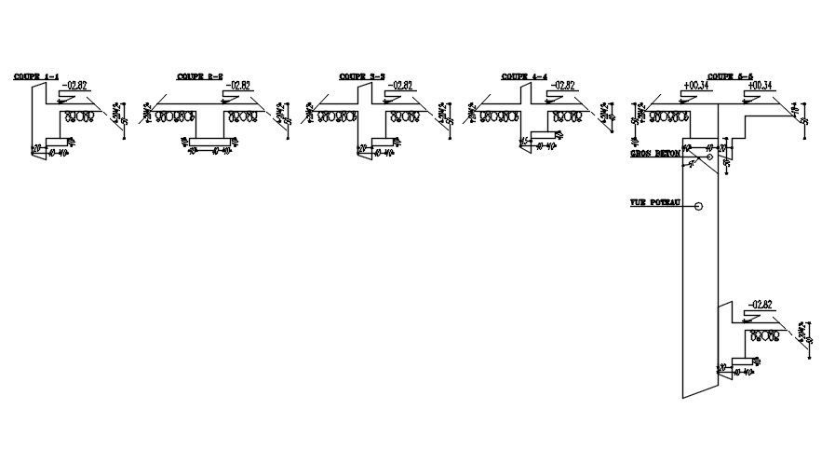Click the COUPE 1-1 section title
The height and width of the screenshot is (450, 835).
(36, 76)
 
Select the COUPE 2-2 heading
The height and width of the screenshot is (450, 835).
(200, 76)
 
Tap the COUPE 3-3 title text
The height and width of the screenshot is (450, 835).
(362, 76)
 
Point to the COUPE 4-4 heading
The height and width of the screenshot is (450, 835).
(524, 76)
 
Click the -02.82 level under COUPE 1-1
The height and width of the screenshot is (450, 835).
(74, 86)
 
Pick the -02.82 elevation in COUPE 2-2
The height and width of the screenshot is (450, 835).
(238, 86)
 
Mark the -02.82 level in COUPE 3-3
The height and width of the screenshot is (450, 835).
(400, 86)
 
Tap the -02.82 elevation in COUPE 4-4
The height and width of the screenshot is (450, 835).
(563, 86)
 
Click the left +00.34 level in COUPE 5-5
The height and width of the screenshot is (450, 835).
(696, 86)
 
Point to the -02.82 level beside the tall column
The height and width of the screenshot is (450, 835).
(760, 305)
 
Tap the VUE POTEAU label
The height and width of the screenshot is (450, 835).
(655, 203)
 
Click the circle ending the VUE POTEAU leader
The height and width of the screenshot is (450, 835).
(698, 206)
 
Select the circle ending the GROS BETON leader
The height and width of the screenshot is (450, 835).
(709, 157)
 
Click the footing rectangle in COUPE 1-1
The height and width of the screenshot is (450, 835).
(58, 142)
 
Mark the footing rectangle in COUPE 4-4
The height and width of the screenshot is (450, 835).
(544, 136)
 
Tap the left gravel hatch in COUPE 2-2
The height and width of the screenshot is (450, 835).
(174, 117)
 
